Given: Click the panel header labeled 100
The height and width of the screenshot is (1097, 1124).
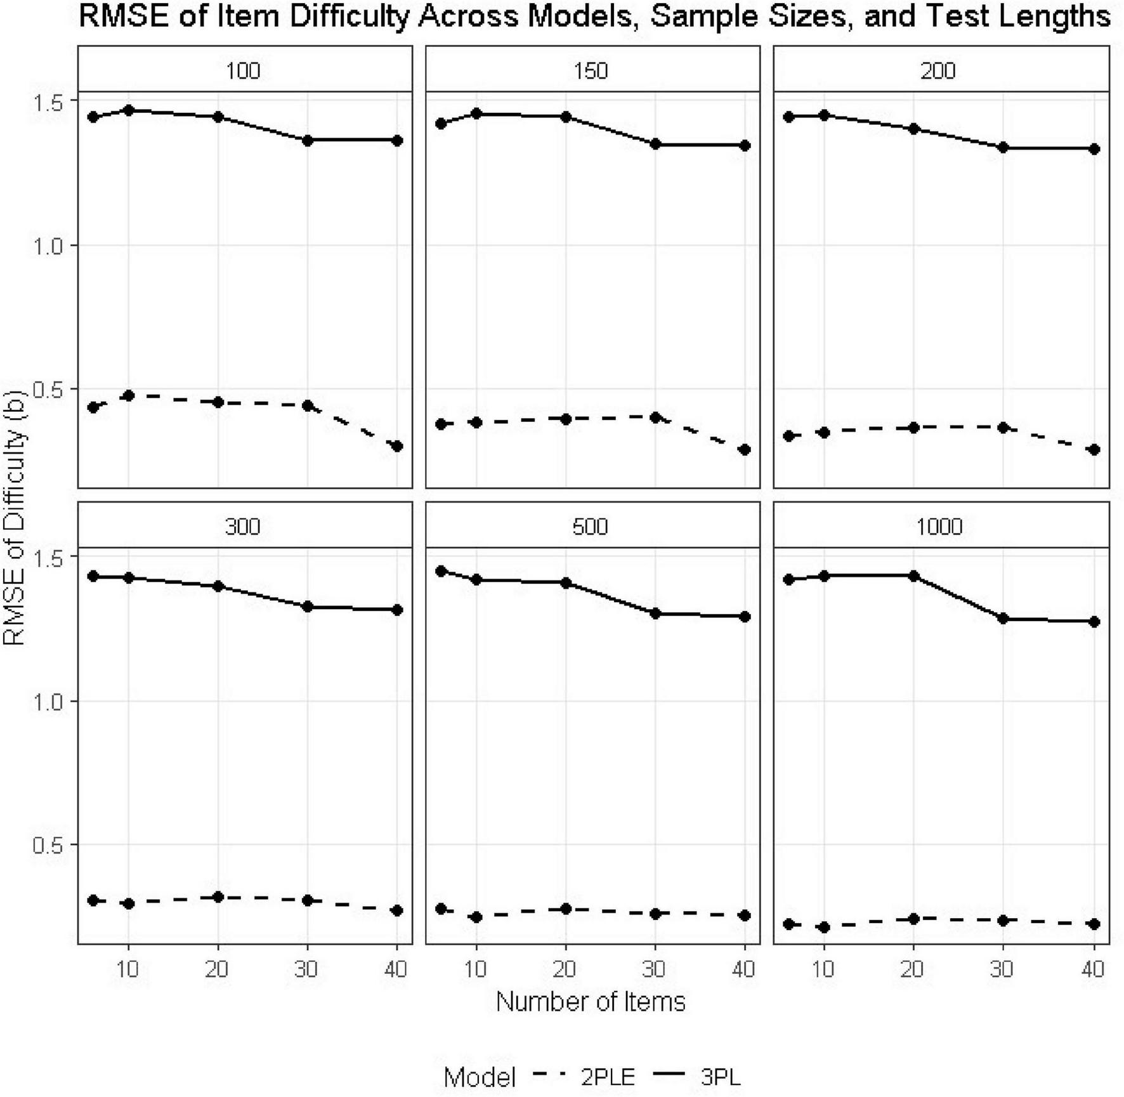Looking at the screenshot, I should (x=244, y=70).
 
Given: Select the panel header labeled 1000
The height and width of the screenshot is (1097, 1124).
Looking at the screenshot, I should (x=940, y=526).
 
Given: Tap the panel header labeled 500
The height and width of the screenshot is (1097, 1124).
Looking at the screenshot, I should (x=591, y=526).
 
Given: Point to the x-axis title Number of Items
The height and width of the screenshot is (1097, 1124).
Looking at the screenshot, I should (x=591, y=1002).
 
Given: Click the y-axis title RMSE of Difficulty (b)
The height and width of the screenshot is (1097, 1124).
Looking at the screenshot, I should (x=14, y=516).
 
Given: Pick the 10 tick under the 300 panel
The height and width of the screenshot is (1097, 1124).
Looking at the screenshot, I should (x=129, y=969).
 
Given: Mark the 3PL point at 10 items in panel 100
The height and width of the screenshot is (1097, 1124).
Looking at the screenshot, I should (x=129, y=110).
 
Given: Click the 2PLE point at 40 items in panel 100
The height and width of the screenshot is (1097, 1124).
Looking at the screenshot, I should (x=397, y=446).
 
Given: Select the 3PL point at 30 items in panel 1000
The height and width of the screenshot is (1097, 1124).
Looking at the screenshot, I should (x=1003, y=619).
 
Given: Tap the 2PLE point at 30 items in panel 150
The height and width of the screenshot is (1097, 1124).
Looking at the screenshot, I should (x=655, y=417).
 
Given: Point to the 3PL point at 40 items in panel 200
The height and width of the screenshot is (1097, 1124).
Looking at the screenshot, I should (x=1094, y=149).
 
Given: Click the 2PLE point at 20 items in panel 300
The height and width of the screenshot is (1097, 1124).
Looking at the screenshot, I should (x=218, y=897).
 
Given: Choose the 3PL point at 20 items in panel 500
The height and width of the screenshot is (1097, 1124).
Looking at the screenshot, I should (x=566, y=582).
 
